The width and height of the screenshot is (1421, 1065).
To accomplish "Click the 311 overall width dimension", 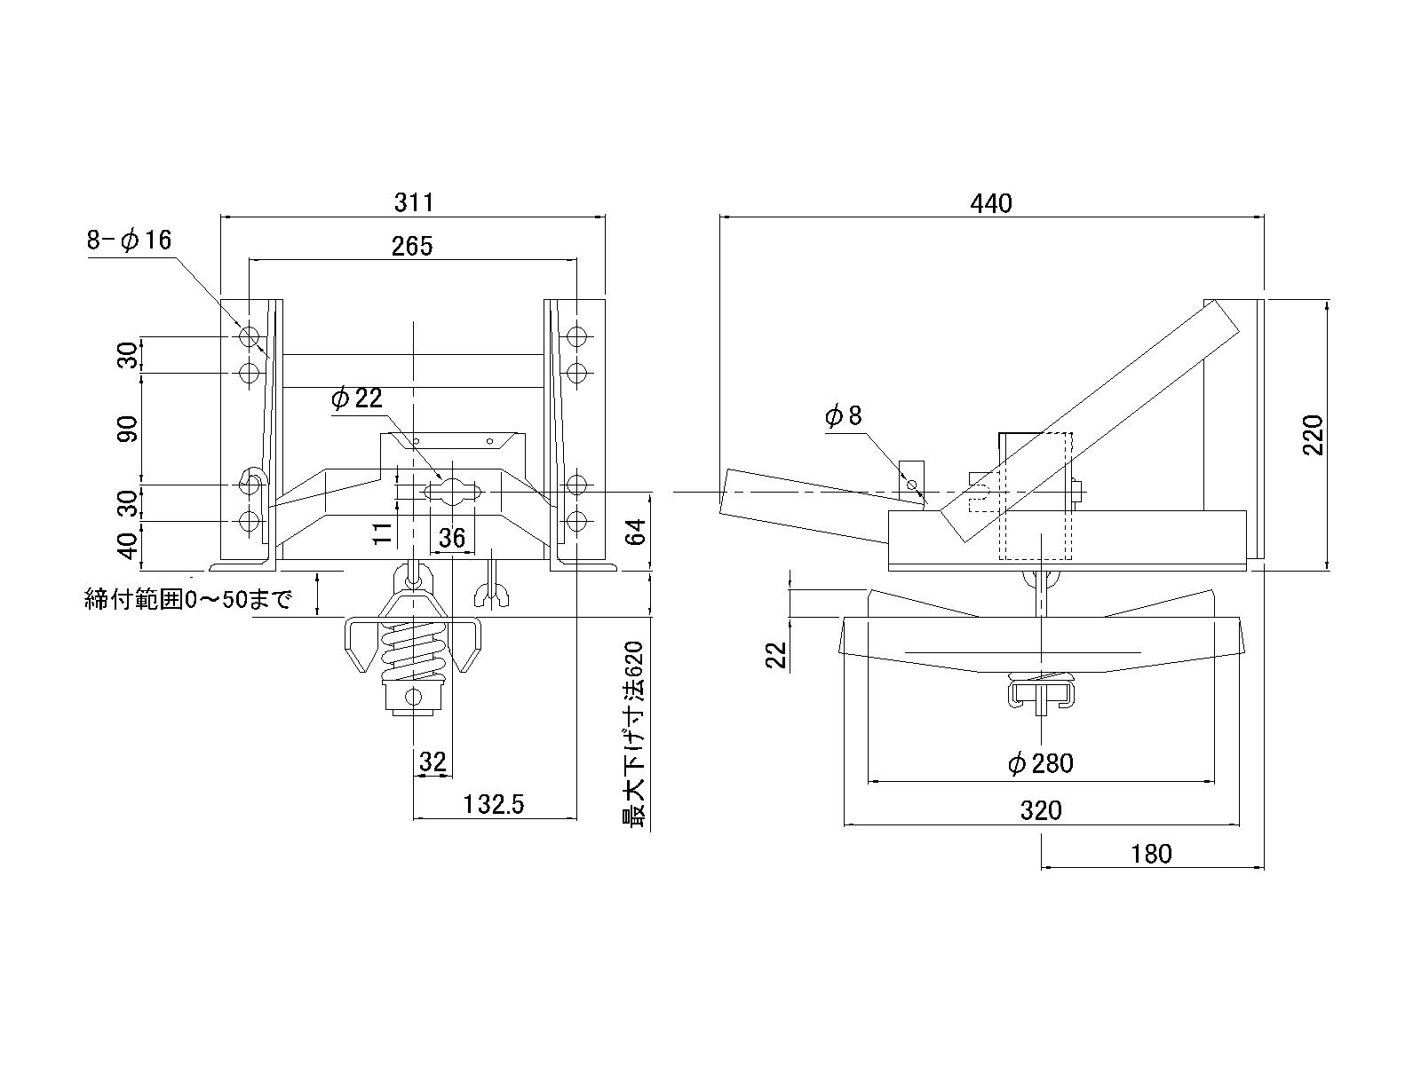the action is pos(414,202).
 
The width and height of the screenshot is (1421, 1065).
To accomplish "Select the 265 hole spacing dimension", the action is pos(412,246).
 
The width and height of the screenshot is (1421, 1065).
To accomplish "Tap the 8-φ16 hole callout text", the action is pos(130,240).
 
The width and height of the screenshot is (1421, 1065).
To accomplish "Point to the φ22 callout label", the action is pos(357,398).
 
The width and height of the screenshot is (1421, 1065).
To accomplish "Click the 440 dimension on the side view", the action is pos(990,203).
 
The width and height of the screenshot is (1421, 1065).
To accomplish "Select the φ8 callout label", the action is pos(844,415).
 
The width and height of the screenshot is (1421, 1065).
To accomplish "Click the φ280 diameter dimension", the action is pos(1041,763).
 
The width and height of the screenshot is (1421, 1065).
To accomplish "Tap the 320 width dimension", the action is pos(1041,810).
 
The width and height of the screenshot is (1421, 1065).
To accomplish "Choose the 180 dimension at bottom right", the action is pos(1151,854).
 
